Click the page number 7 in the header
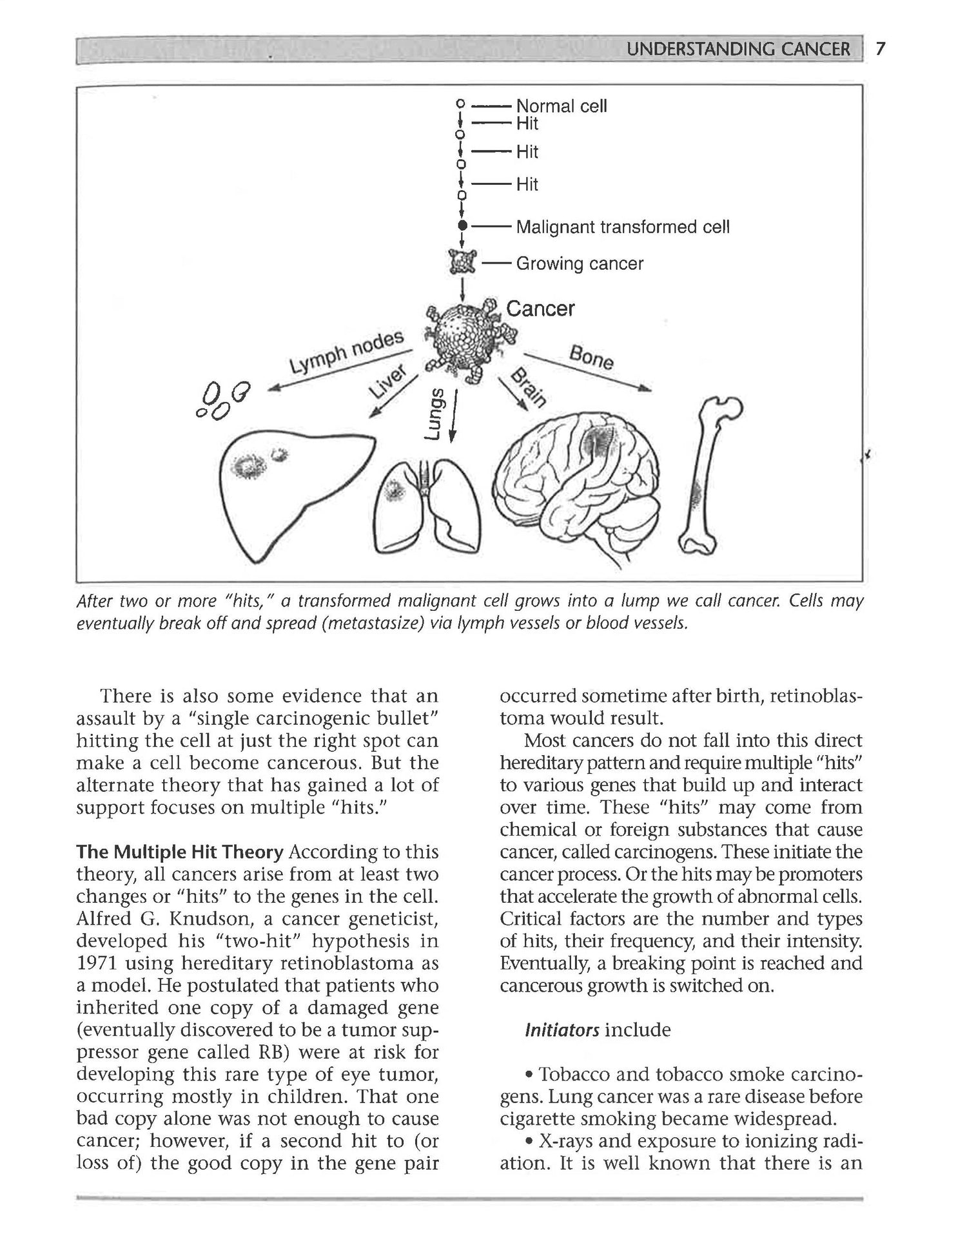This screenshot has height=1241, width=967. coord(881,49)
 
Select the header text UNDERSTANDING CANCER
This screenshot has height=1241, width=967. coord(738,50)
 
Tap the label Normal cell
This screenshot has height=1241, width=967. coord(562,106)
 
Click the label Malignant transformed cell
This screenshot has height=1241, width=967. coord(623,227)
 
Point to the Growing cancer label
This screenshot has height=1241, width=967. coord(580,264)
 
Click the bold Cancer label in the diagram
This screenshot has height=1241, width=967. coord(540,309)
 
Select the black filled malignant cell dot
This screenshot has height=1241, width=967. coord(462,226)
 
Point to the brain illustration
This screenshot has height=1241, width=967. coord(577,490)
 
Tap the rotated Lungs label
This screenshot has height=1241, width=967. coord(436,414)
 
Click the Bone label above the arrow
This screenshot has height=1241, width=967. coord(591,358)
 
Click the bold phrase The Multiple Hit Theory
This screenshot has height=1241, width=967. coord(180,852)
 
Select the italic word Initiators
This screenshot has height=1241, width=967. coord(562,1030)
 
